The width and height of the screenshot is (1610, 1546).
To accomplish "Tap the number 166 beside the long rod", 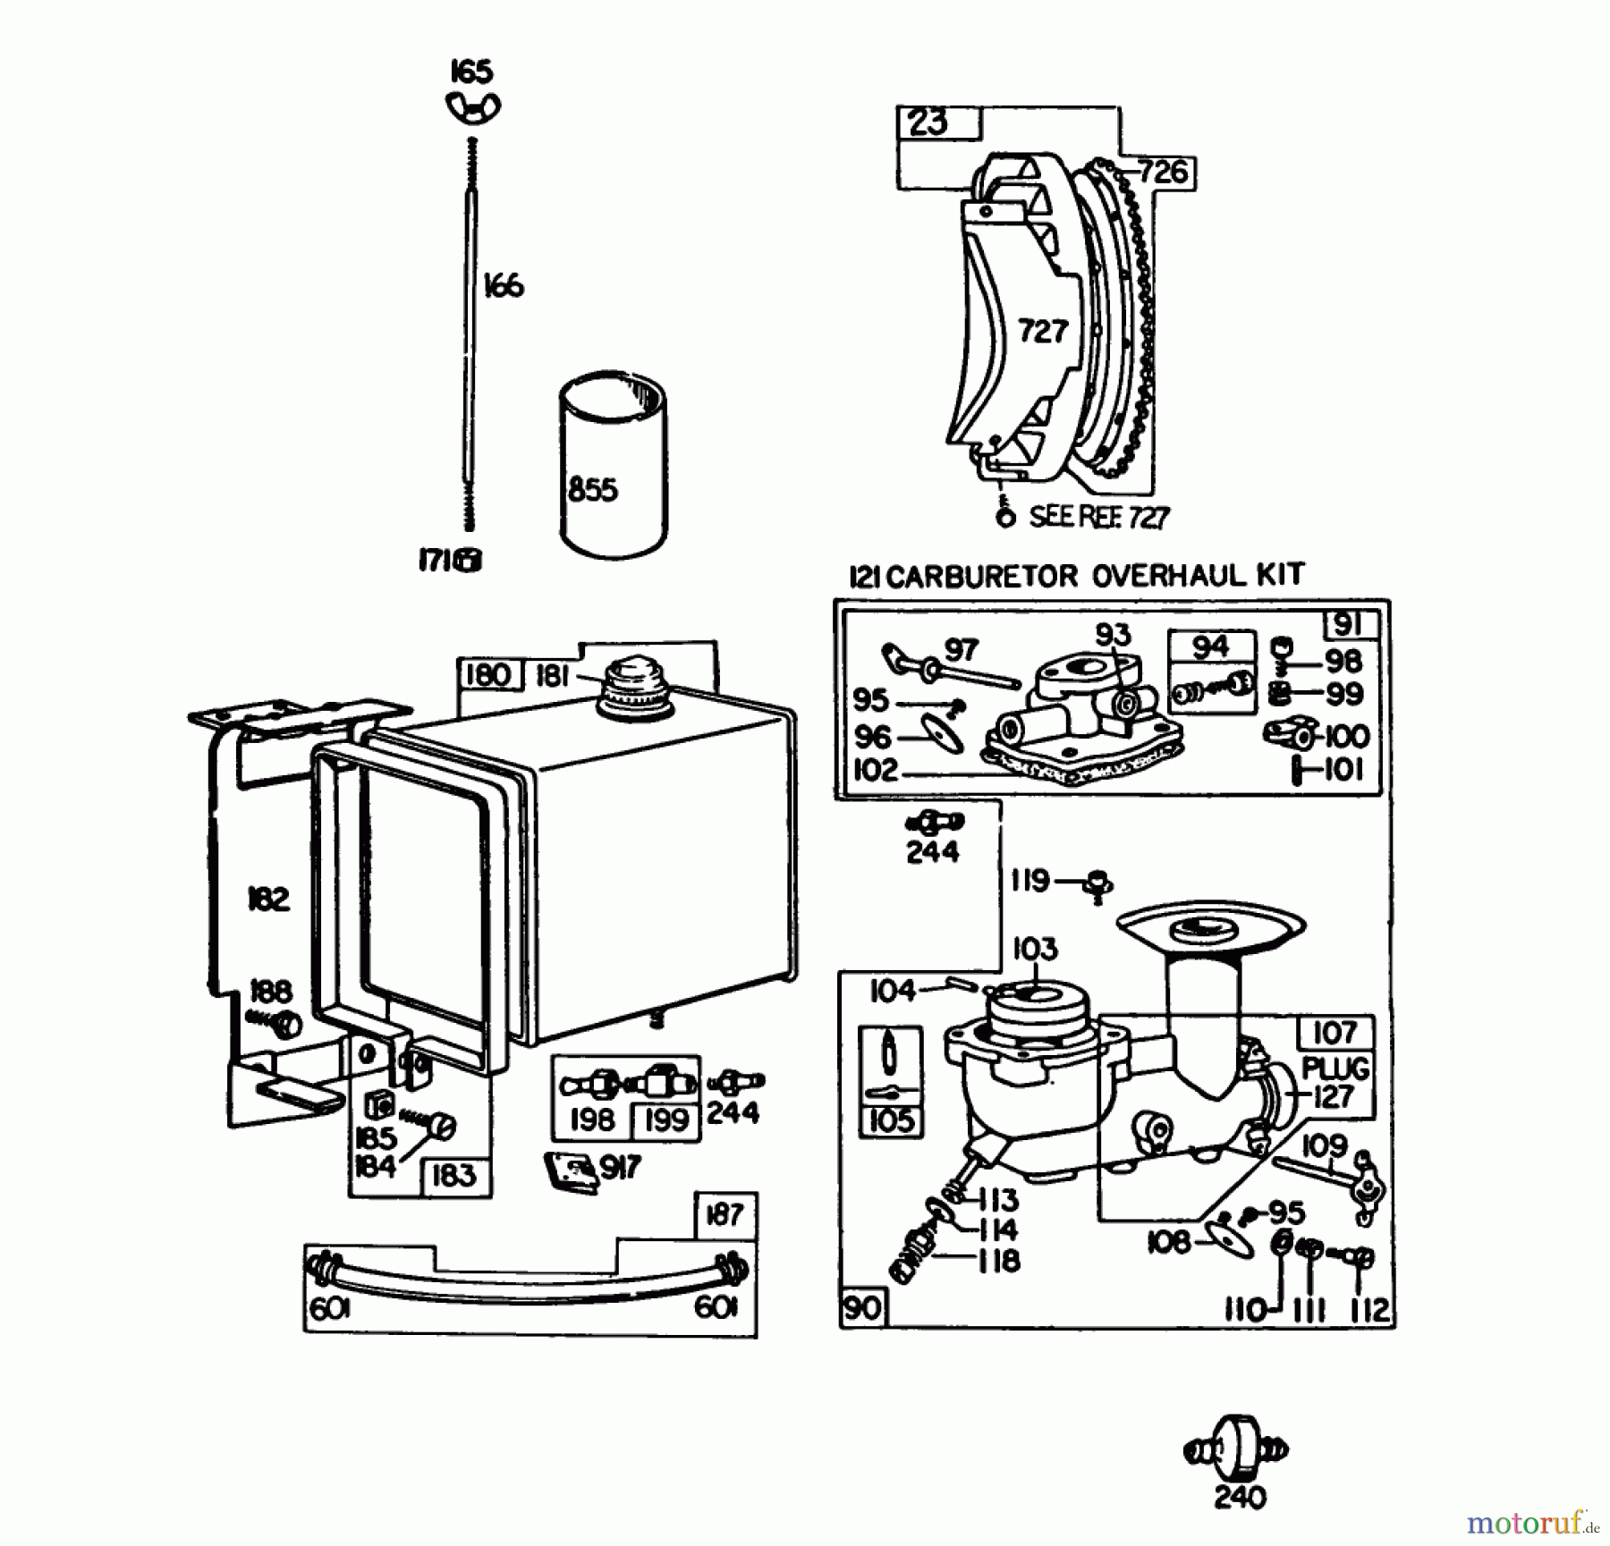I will (503, 286).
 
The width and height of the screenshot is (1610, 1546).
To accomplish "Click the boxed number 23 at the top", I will (928, 122).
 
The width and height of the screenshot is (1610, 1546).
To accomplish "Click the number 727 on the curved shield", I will (1043, 332).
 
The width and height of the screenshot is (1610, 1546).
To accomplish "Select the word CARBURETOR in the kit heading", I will (983, 577).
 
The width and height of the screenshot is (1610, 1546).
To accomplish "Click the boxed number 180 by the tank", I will (488, 674).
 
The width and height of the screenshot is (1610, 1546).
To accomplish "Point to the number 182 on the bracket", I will (268, 899).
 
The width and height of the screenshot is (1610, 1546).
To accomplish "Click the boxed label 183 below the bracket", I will (454, 1176).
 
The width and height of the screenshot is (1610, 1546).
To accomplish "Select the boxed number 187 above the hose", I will (724, 1214).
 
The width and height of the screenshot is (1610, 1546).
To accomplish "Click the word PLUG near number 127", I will (1335, 1069).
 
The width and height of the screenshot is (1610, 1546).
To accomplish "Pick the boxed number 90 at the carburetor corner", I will (862, 1309).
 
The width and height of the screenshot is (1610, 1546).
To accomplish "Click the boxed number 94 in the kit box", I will (1210, 646).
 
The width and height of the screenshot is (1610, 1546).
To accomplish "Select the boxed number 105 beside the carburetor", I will (891, 1120).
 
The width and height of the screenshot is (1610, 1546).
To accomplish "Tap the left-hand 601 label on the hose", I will (330, 1308).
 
